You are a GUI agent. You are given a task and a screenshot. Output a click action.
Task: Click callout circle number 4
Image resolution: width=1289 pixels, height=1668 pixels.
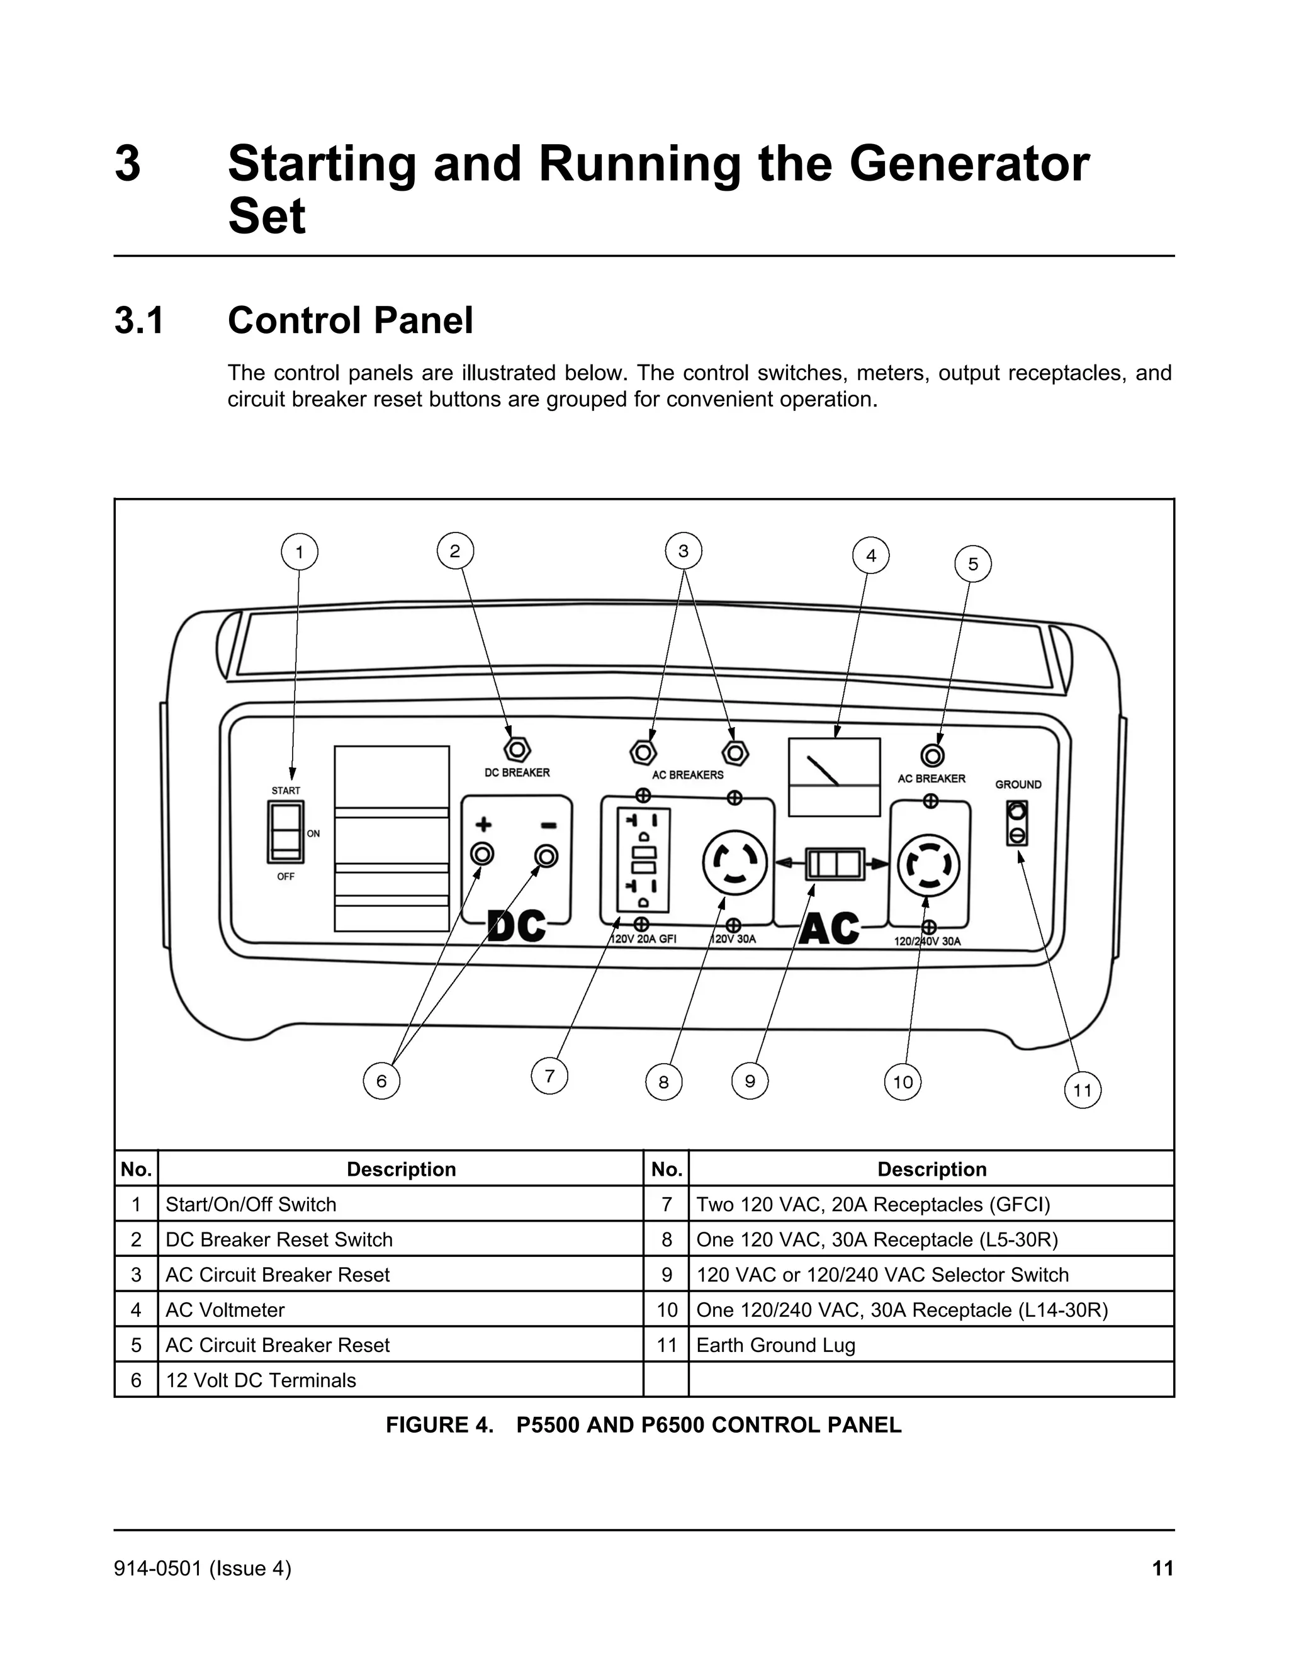click(x=870, y=556)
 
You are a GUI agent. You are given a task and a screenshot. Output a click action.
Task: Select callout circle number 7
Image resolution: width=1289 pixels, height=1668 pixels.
click(x=549, y=1076)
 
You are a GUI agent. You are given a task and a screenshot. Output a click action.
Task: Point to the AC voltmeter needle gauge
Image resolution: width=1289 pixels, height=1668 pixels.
click(x=834, y=776)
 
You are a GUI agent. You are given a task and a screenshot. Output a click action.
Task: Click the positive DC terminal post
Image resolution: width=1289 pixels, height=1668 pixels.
click(x=482, y=854)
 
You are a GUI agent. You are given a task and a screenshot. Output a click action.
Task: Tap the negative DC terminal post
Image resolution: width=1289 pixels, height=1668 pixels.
click(x=546, y=856)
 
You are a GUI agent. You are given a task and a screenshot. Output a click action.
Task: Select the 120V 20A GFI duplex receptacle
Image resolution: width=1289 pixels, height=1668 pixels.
click(x=643, y=860)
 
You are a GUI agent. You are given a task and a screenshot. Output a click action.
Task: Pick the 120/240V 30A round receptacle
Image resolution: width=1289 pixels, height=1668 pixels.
click(x=928, y=865)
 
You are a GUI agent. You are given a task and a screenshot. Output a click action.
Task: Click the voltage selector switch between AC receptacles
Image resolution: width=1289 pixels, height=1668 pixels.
click(x=835, y=864)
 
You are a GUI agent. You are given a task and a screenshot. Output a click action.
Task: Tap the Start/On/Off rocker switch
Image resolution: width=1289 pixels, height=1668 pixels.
click(x=286, y=831)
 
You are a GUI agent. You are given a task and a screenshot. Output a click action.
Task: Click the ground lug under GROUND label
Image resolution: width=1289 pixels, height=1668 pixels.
click(x=1016, y=823)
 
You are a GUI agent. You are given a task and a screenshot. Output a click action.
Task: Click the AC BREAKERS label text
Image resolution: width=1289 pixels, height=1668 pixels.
click(x=687, y=774)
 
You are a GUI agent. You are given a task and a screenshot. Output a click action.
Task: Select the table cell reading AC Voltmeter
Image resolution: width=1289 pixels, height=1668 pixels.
click(x=225, y=1310)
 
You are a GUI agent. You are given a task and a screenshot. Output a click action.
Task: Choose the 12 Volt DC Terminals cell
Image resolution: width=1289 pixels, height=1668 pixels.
click(x=261, y=1380)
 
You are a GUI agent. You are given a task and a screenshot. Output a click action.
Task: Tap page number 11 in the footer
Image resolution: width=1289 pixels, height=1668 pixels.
click(x=1161, y=1568)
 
